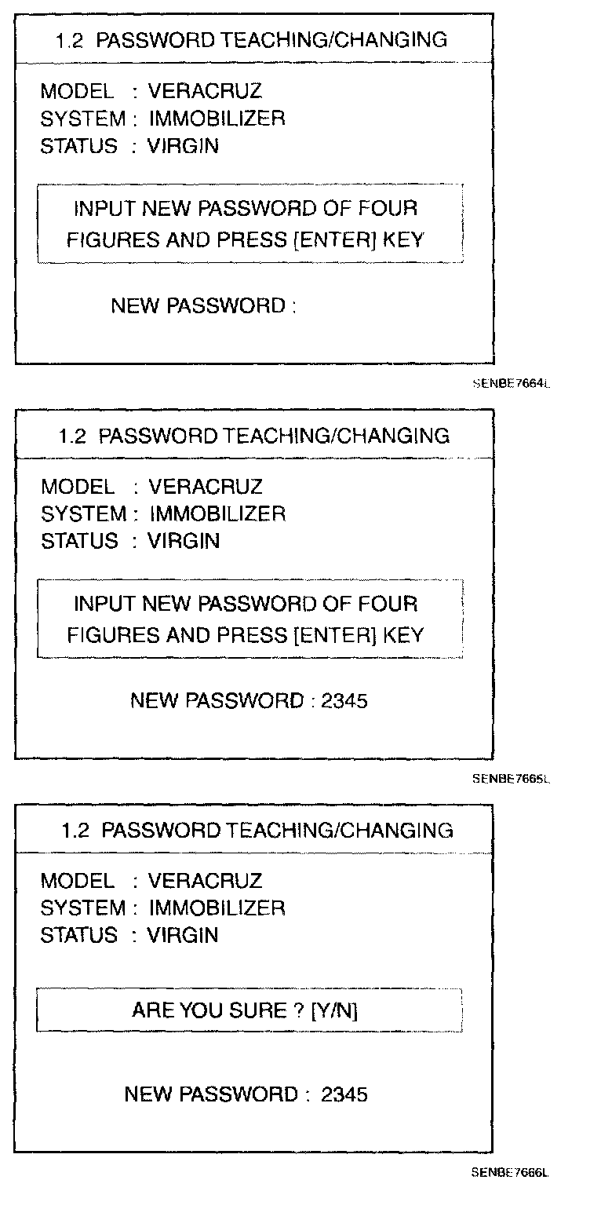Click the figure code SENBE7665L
pyautogui.click(x=511, y=780)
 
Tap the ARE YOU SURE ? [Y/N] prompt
pyautogui.click(x=245, y=1010)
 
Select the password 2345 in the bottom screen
pyautogui.click(x=344, y=1094)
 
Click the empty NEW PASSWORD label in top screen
pyautogui.click(x=202, y=305)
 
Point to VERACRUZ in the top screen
pyautogui.click(x=205, y=92)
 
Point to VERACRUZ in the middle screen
pyautogui.click(x=206, y=487)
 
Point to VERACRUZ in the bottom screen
pyautogui.click(x=205, y=881)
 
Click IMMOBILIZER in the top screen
pyautogui.click(x=217, y=119)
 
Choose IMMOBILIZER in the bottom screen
pyautogui.click(x=217, y=908)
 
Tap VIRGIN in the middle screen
pyautogui.click(x=184, y=541)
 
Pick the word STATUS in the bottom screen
pyautogui.click(x=78, y=935)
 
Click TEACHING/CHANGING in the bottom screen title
pyautogui.click(x=340, y=830)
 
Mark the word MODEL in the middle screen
pyautogui.click(x=77, y=487)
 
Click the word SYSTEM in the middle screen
pyautogui.click(x=83, y=514)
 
